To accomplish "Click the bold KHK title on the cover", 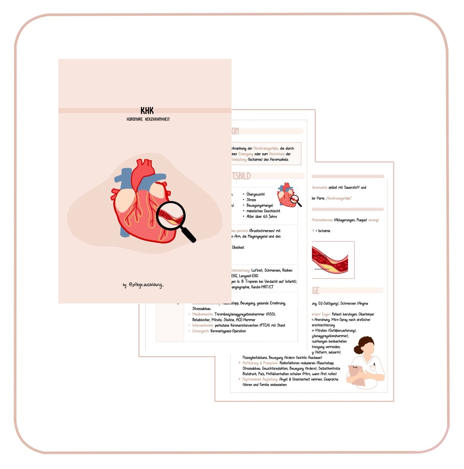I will [147, 111].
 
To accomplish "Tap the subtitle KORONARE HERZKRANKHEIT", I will [148, 119].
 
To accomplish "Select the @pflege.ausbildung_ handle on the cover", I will [146, 285].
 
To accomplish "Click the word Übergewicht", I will [256, 194].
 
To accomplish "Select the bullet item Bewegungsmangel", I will [259, 205].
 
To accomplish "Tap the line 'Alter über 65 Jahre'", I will [261, 217].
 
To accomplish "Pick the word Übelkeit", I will [238, 247].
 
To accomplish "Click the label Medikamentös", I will [203, 314].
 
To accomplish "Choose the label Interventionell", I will [203, 325].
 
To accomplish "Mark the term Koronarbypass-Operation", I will [228, 331].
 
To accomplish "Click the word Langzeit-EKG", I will [248, 276].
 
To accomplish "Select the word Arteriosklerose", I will [322, 220].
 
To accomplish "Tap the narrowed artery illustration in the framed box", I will [330, 260].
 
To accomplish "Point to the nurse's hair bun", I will [357, 349].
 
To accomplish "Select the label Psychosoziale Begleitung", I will [260, 380].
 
